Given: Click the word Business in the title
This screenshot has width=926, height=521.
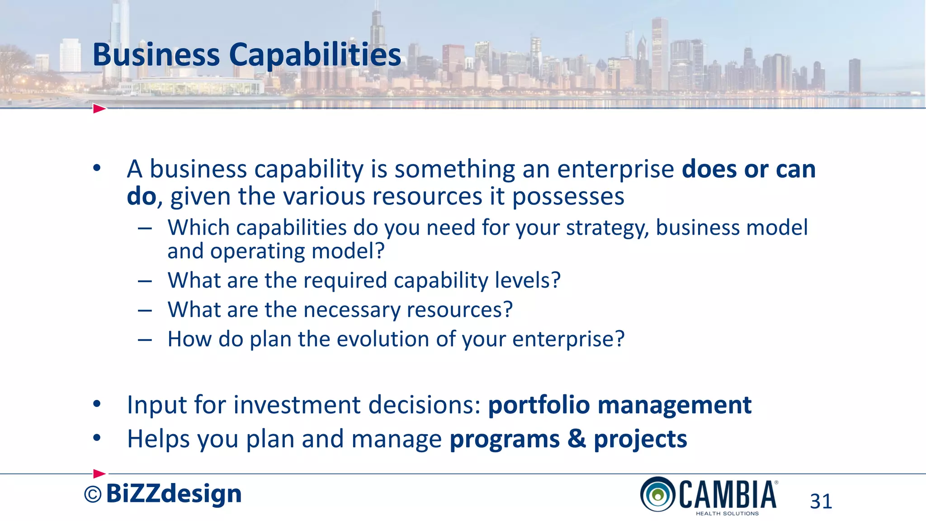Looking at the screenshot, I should [156, 55].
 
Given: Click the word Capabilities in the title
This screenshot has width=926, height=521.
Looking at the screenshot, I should [315, 55].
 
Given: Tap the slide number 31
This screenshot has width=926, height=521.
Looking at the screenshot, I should [821, 502].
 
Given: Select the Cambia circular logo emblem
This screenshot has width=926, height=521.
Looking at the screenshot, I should [658, 494].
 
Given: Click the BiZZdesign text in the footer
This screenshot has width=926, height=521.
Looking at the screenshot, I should [174, 493].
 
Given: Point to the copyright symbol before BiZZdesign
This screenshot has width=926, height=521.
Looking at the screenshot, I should [93, 495].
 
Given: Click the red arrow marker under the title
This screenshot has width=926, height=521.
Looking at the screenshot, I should [99, 109].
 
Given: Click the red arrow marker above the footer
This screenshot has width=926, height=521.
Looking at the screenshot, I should [99, 474].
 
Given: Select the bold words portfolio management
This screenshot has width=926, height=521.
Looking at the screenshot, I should [619, 405].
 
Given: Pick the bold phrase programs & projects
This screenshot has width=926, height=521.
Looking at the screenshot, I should [568, 439].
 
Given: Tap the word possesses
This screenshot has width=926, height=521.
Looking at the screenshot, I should [568, 197].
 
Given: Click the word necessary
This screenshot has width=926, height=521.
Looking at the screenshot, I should [352, 310].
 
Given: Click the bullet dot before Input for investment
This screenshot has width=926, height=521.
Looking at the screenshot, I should [97, 404].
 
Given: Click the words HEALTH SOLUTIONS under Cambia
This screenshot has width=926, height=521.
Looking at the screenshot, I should [727, 513].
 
